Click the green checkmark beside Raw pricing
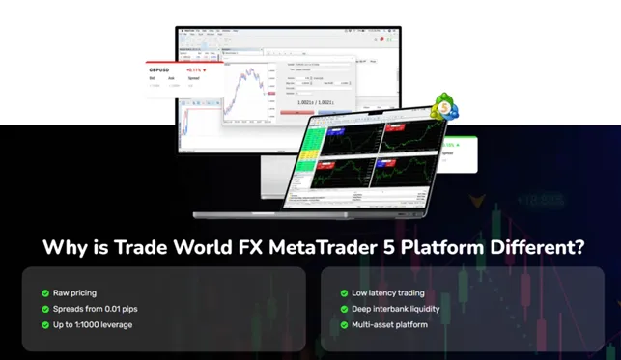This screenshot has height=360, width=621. click(44, 292)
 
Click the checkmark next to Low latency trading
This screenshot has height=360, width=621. click(344, 292)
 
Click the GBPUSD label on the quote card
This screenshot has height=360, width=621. click(160, 70)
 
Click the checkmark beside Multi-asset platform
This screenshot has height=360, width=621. click(344, 324)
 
